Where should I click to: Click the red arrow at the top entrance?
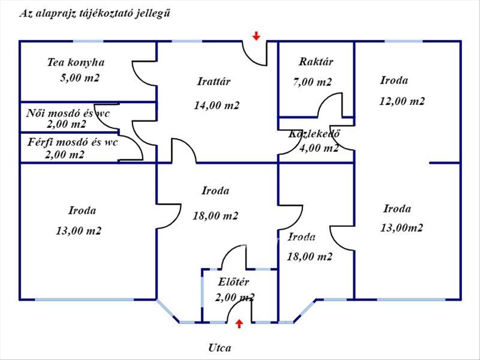[x=256, y=36]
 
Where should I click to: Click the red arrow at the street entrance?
[x=240, y=324]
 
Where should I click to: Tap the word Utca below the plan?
[x=220, y=348]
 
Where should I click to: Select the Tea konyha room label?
[x=76, y=62]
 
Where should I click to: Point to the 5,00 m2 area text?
[x=80, y=78]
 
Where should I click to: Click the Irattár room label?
[x=214, y=82]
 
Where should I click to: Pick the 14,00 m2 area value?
[x=216, y=105]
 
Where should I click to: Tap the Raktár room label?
[x=316, y=62]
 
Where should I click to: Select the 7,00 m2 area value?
[x=312, y=82]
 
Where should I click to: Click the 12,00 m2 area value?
[x=402, y=101]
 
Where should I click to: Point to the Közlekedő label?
[x=314, y=134]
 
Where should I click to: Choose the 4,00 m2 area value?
[x=319, y=148]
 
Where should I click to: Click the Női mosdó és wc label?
[x=68, y=114]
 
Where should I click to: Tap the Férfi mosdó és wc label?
[x=73, y=142]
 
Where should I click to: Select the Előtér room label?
[x=233, y=282]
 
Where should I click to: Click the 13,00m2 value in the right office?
[x=402, y=228]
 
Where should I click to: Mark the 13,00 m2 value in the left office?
[x=79, y=231]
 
